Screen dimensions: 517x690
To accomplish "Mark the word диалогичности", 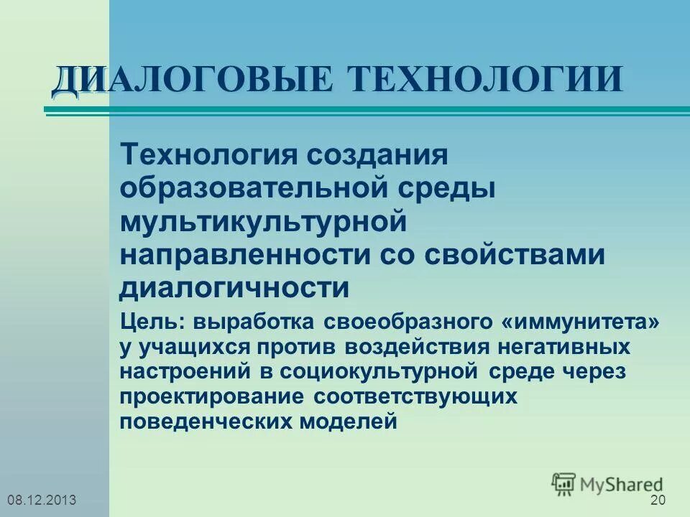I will click(234, 288).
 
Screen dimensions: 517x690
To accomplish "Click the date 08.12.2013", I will click(41, 500).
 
